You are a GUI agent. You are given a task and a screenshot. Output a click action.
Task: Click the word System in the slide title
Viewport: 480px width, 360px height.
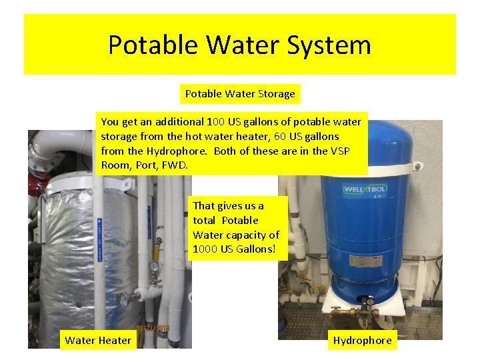[x=329, y=45]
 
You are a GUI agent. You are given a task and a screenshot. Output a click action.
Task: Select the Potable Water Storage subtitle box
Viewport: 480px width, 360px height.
[x=240, y=94]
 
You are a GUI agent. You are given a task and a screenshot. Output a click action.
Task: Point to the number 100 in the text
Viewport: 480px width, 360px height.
[x=215, y=122]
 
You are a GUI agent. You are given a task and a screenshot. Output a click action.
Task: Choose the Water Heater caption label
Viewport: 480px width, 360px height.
[x=98, y=341]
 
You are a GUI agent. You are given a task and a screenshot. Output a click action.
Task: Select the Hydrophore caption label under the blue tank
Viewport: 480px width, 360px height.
[x=363, y=341]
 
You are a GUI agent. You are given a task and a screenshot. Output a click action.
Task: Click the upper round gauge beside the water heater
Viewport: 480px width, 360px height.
[x=154, y=265]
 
